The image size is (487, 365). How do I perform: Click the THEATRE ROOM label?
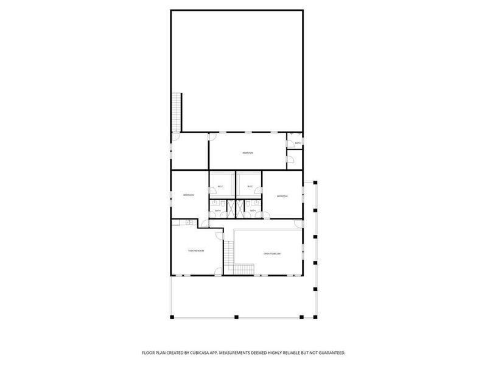196,251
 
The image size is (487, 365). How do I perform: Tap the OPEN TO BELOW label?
272,253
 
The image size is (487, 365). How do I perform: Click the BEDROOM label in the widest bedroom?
248,152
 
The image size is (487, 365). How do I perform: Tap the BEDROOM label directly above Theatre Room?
189,195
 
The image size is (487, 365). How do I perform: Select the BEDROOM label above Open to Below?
282,196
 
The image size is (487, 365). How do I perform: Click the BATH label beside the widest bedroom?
298,144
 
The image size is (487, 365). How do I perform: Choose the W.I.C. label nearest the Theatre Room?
220,186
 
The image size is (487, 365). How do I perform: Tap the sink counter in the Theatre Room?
190,223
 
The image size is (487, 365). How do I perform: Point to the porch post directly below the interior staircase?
236,316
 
